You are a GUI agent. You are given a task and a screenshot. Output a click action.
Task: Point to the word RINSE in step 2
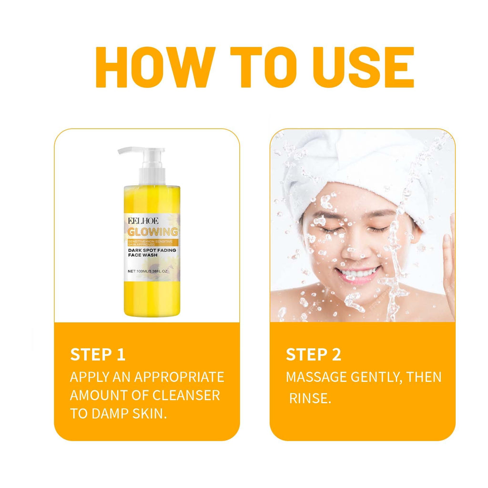(x=309, y=398)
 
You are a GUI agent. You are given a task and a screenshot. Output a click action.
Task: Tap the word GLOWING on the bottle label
(x=152, y=232)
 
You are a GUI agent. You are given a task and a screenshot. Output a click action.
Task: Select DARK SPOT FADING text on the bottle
(x=153, y=249)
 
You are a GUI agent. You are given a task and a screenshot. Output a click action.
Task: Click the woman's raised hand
(x=448, y=257)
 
